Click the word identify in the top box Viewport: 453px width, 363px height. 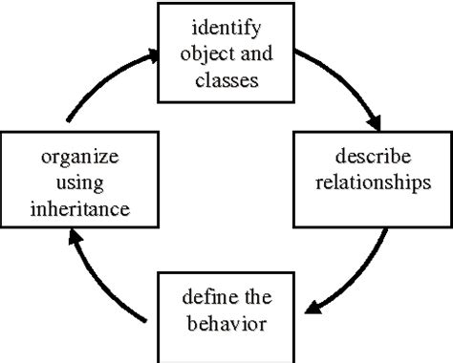click(226, 27)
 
